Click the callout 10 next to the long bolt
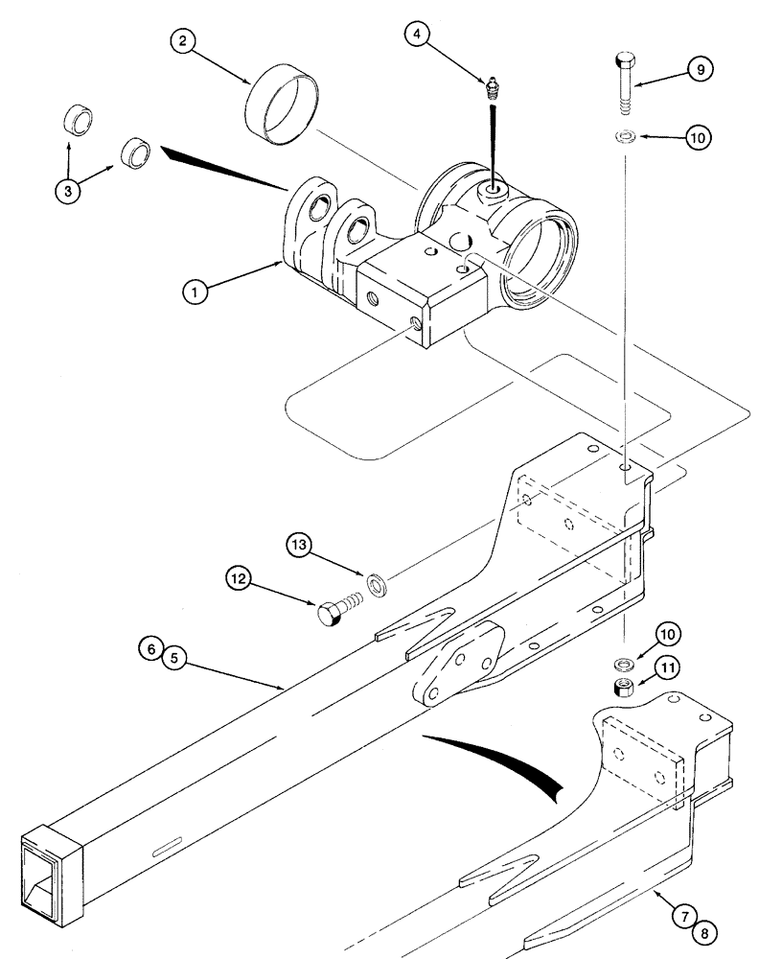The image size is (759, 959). click(x=700, y=138)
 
